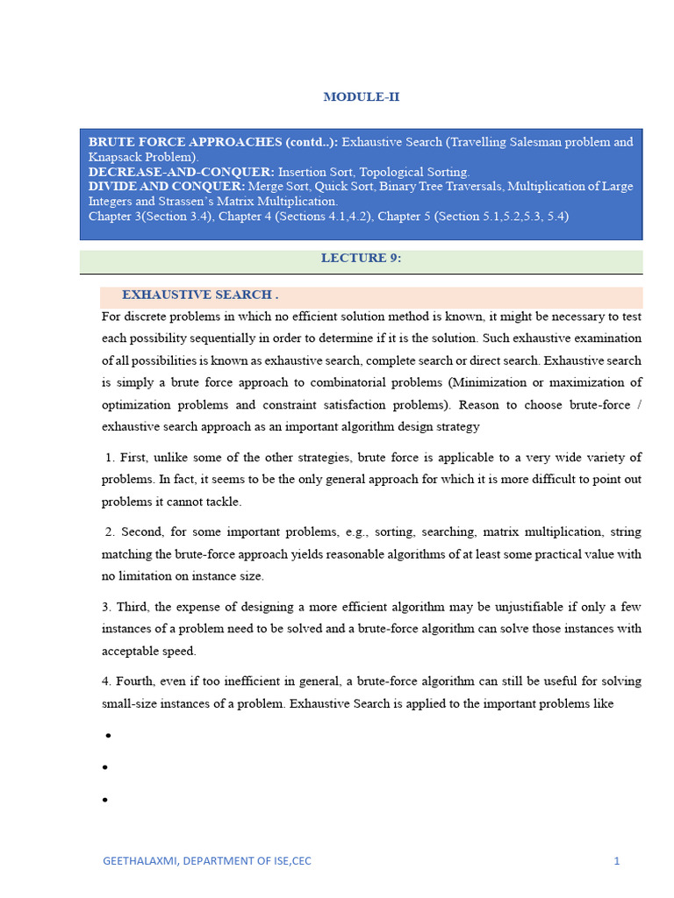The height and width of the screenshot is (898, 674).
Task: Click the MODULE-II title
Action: pos(361,96)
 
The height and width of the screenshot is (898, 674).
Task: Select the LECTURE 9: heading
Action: pos(361,258)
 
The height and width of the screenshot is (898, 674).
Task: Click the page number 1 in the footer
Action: pos(617,860)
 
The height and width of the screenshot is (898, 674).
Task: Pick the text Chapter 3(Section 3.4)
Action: pos(149,216)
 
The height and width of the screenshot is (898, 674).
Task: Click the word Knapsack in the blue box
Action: pos(114,157)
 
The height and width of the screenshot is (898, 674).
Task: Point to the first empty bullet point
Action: pos(105,735)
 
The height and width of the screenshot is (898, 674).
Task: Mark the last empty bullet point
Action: pos(105,800)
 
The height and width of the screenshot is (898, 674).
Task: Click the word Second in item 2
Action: pos(140,531)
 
